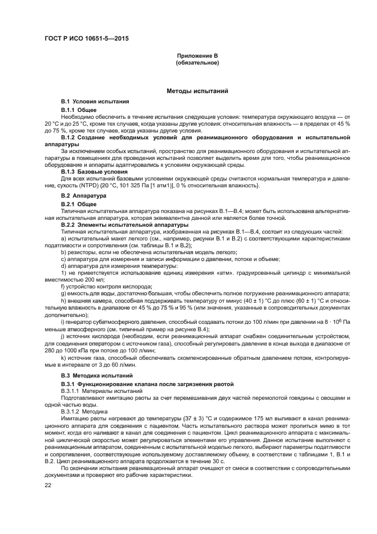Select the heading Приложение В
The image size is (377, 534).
197,56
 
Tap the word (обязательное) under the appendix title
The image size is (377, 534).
197,63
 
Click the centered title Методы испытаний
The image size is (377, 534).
197,91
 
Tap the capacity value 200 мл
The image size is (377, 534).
90,280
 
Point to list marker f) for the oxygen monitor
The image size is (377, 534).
63,286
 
